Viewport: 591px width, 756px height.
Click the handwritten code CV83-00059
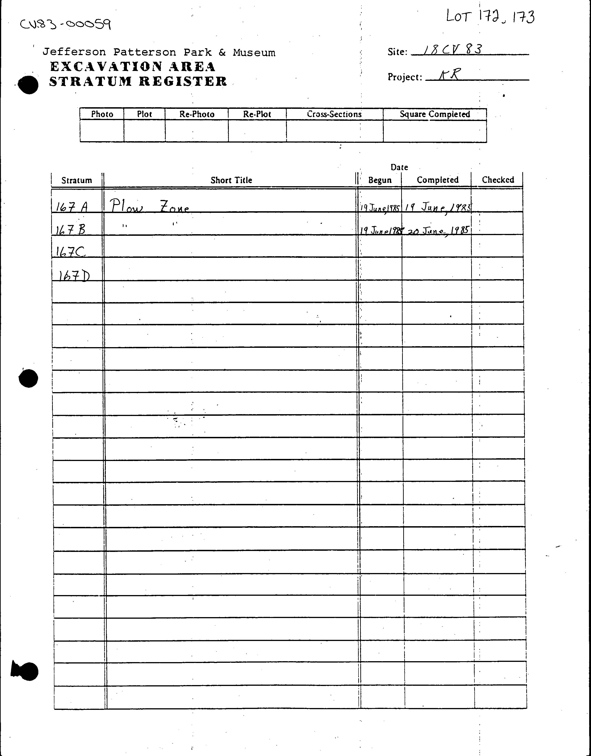pos(66,24)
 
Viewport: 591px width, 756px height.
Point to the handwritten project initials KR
pos(449,75)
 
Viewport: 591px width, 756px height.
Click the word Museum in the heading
pos(254,53)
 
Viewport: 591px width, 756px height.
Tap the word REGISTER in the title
pos(183,82)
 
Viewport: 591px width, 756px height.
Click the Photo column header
pos(102,114)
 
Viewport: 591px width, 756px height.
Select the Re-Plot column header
pos(257,114)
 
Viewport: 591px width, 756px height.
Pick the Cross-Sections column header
pos(334,114)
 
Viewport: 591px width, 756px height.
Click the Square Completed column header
pos(435,114)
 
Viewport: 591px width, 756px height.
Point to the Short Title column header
pos(231,180)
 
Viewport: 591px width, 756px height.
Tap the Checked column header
pos(498,180)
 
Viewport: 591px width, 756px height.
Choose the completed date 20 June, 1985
pos(438,230)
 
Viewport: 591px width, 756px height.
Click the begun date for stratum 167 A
pos(380,208)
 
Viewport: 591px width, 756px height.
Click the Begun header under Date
pos(380,180)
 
